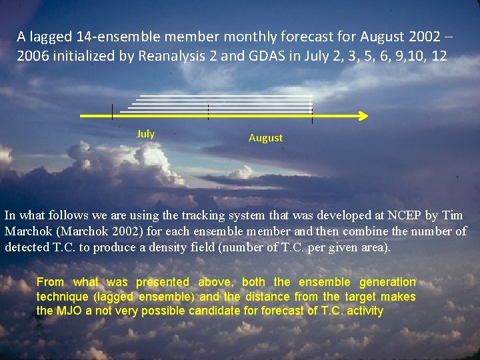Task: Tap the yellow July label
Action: (145, 134)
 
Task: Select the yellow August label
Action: (265, 138)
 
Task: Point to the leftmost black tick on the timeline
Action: (112, 111)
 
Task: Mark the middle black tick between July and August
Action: (209, 111)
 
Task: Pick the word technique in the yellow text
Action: (62, 297)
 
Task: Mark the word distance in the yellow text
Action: (266, 297)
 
